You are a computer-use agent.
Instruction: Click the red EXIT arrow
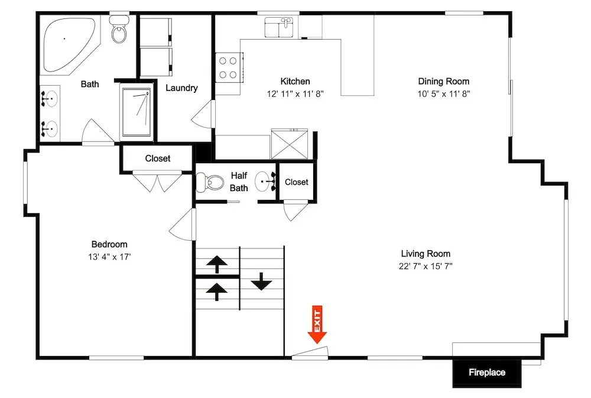coord(317,325)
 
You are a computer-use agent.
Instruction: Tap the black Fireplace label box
coord(486,373)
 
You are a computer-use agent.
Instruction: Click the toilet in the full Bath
coord(119,29)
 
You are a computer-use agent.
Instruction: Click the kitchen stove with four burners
coord(229,67)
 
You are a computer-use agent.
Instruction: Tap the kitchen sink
coord(279,27)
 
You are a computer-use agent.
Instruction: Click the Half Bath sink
coord(265,182)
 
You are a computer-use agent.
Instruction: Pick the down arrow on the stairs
coord(261,281)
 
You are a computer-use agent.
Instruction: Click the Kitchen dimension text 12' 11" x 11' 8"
coord(295,94)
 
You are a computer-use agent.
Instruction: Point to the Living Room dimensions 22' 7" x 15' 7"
coord(426,266)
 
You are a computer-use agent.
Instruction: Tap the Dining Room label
coord(444,82)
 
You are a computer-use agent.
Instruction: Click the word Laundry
coord(181,88)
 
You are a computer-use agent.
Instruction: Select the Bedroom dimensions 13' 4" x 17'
coord(109,257)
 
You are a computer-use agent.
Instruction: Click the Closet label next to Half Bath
coord(297,182)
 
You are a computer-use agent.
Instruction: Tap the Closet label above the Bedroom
coord(158,158)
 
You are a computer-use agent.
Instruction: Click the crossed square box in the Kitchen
coord(290,144)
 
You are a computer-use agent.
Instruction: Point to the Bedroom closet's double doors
coord(158,182)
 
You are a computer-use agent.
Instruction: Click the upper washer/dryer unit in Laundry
coord(156,32)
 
